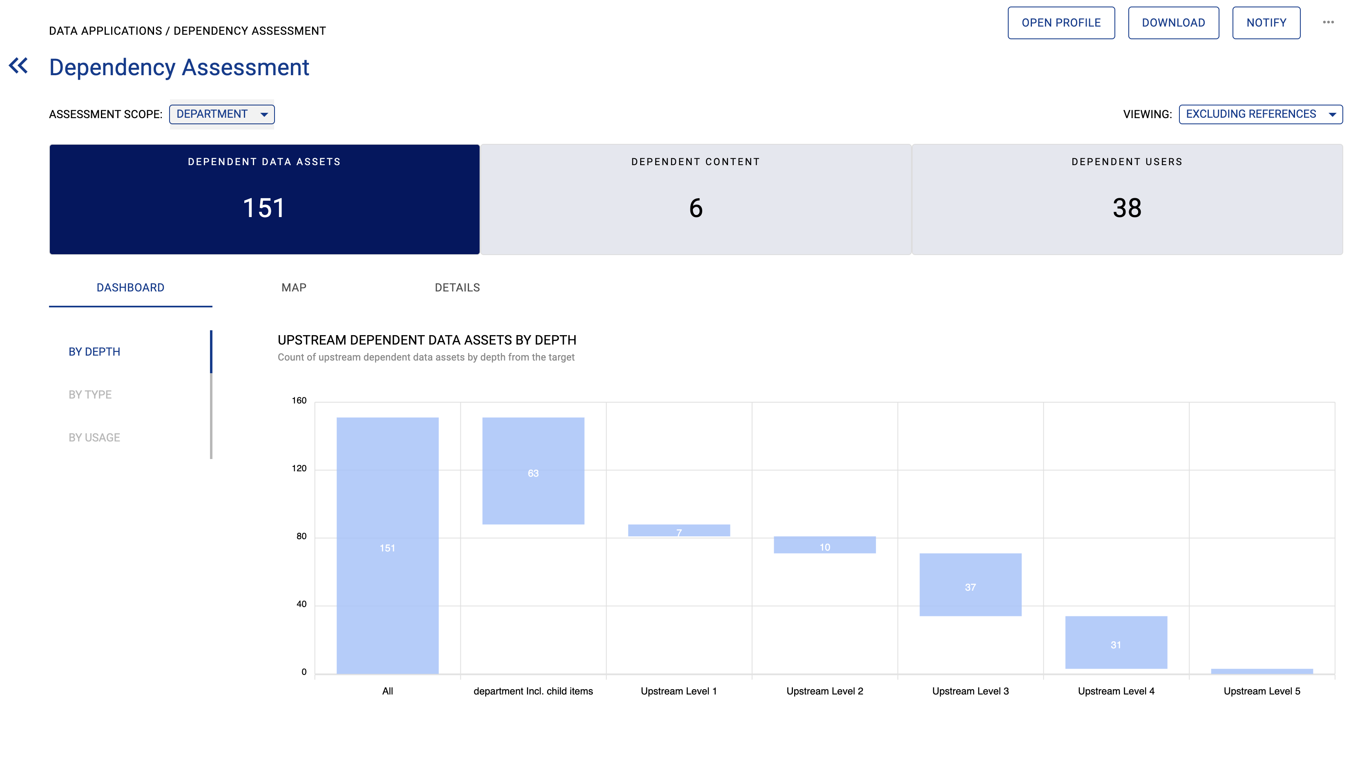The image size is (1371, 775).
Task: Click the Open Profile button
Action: [x=1061, y=23]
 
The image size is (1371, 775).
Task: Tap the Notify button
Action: [x=1266, y=23]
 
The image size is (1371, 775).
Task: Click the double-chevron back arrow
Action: [x=19, y=66]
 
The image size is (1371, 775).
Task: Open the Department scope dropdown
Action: [x=221, y=114]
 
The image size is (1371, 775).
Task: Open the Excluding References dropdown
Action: [x=1260, y=114]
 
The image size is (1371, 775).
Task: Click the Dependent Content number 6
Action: [x=696, y=208]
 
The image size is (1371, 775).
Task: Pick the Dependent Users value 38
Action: [x=1127, y=208]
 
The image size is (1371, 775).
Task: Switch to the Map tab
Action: [x=294, y=288]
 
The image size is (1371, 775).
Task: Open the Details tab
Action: [x=457, y=288]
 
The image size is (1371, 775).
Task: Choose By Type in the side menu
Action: [x=90, y=395]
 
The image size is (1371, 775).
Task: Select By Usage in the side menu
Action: [x=94, y=437]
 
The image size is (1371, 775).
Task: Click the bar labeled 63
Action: [x=533, y=471]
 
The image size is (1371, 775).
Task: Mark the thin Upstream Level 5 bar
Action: [x=1262, y=671]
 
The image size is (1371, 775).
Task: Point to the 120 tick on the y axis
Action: [x=299, y=469]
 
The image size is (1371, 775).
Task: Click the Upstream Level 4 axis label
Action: [x=1116, y=691]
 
